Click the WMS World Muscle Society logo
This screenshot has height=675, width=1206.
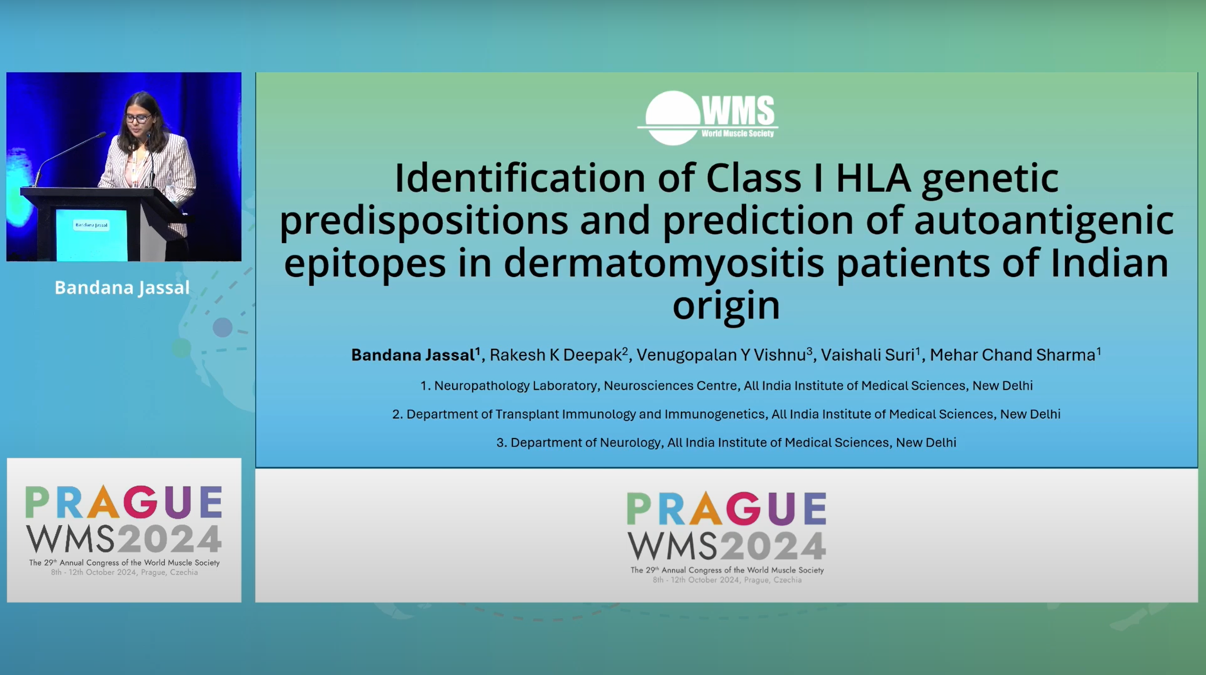coord(707,118)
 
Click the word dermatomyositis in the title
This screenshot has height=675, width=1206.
coord(663,263)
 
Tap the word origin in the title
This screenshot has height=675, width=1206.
coord(726,306)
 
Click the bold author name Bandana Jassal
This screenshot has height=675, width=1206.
coord(413,355)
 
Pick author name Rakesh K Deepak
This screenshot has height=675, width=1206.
coord(556,355)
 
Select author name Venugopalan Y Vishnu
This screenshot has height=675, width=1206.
coord(721,355)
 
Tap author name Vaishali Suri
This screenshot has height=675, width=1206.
coord(867,355)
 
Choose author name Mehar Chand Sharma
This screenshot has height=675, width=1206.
coord(1012,355)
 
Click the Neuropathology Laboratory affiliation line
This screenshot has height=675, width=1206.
coord(726,386)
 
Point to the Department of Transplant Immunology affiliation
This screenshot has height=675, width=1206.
coord(726,414)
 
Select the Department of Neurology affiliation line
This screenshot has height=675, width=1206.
coord(726,443)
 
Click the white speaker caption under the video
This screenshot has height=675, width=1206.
coord(122,287)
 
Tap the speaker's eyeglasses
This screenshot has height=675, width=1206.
coord(138,118)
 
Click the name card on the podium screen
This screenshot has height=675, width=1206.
coord(92,225)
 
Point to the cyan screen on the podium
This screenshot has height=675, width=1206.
coord(92,235)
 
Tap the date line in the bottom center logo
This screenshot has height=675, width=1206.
coord(727,580)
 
